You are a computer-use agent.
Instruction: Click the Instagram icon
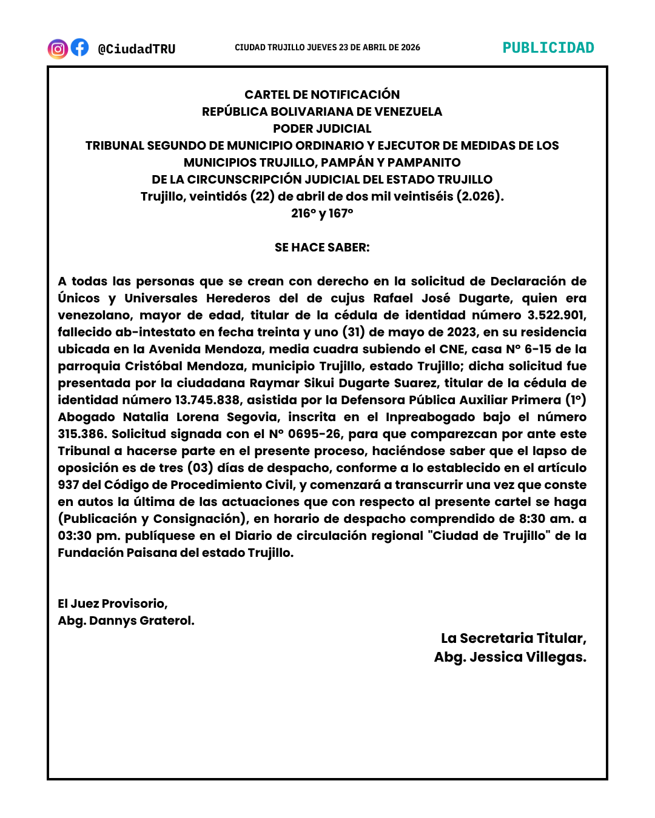click(58, 48)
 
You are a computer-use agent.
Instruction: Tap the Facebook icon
click(79, 47)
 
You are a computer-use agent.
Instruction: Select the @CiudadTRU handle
click(136, 49)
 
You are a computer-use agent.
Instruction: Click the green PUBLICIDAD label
click(548, 48)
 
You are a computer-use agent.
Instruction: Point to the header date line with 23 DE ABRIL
click(327, 47)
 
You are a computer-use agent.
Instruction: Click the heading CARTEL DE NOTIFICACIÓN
click(322, 95)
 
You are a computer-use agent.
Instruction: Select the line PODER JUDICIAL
click(322, 128)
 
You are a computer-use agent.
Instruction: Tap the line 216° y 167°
click(322, 213)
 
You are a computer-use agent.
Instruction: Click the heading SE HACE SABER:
click(322, 247)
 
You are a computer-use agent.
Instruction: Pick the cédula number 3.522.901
click(556, 315)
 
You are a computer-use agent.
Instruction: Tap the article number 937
click(69, 485)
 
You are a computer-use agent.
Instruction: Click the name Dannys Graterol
click(141, 620)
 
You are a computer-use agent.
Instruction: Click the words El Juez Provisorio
click(112, 604)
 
